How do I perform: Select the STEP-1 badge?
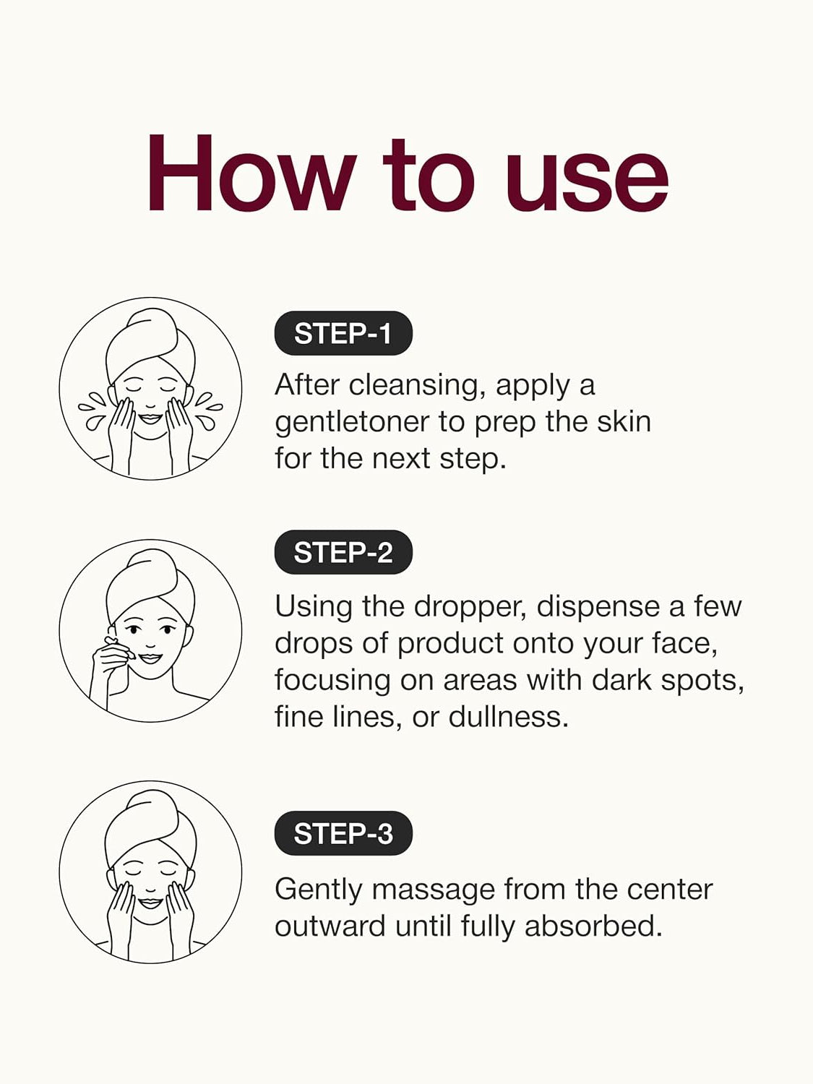343,333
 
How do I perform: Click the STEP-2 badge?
343,552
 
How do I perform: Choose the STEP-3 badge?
343,833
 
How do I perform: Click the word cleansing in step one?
415,386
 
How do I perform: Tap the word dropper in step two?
474,608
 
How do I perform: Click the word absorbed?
593,926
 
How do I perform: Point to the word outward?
330,926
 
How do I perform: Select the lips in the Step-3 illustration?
150,903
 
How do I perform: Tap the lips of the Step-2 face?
150,658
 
